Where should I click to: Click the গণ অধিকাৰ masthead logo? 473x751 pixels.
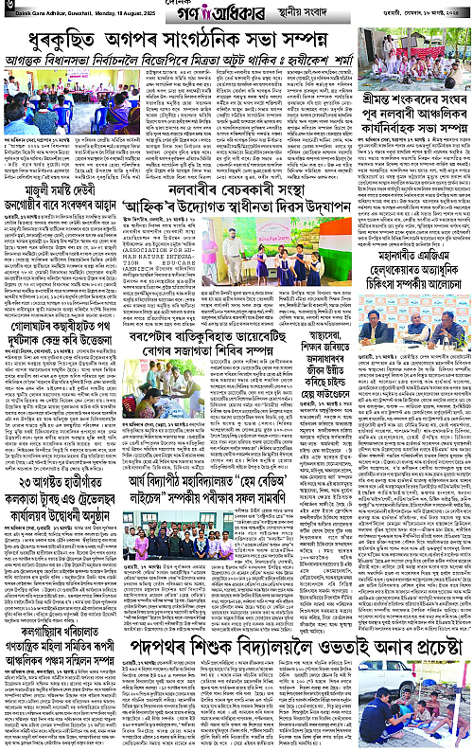(x=222, y=16)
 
